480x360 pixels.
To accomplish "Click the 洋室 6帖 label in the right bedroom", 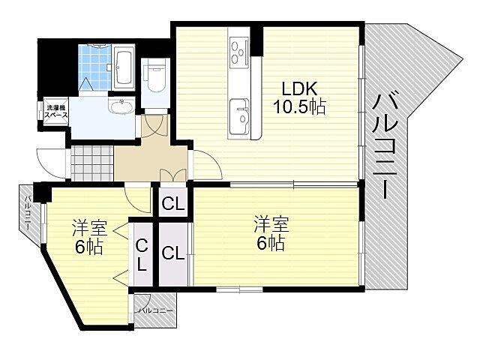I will [268, 234].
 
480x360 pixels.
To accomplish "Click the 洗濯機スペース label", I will [55, 112].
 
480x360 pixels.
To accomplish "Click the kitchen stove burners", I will [240, 52].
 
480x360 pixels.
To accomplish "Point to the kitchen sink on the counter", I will [240, 112].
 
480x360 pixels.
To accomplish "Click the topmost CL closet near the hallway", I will [171, 202].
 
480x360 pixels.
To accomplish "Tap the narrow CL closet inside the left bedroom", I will [141, 255].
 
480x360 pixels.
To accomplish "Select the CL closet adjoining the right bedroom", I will [172, 253].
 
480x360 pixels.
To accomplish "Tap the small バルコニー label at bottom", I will [154, 310].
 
